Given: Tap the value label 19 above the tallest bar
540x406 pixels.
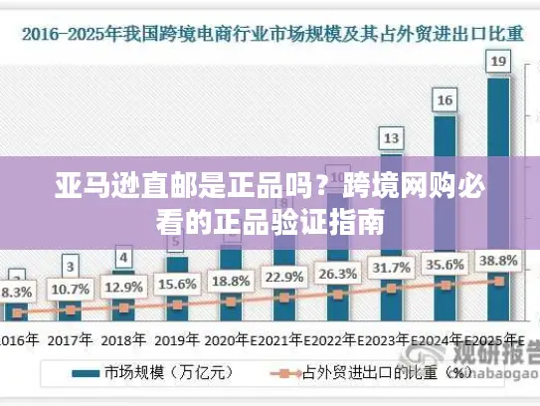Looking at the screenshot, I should [498, 62].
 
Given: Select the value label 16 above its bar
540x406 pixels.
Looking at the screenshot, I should [445, 100].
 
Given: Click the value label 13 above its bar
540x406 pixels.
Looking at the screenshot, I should [392, 137].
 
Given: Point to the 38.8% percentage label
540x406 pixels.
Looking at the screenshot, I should [499, 261].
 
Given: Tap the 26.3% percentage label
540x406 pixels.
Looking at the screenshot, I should [338, 274].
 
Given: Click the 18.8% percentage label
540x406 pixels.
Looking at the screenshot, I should [231, 281].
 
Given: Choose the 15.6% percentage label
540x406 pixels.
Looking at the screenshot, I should [177, 284].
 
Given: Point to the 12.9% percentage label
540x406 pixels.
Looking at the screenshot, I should [123, 287].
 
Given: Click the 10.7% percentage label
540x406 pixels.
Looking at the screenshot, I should [70, 290].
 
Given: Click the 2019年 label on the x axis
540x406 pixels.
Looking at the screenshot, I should [176, 339].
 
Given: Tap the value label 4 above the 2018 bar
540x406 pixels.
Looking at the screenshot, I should [123, 258].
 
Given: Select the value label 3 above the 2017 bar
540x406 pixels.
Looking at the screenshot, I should [70, 266].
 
